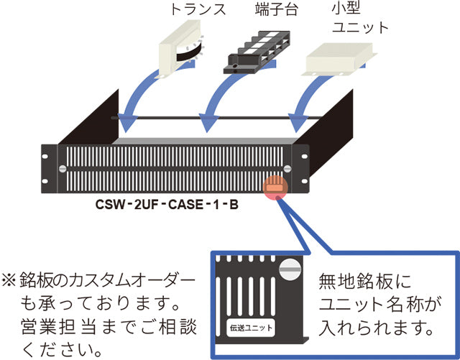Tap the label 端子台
(x=277, y=11)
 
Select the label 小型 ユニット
(x=358, y=19)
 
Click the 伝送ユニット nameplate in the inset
(x=251, y=327)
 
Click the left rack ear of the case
(x=49, y=169)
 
